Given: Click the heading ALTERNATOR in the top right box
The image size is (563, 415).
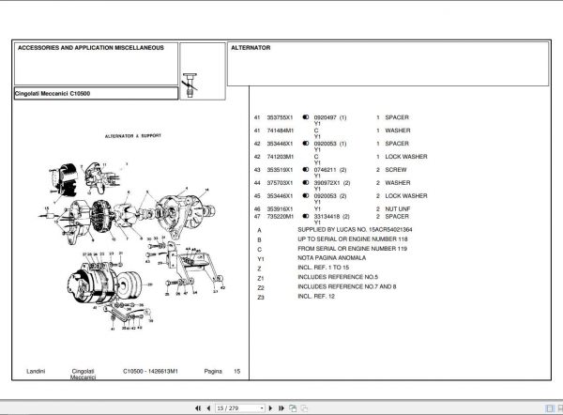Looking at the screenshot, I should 251,47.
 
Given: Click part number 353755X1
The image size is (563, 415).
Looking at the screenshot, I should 281,117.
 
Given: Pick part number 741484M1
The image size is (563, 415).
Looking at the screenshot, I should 281,131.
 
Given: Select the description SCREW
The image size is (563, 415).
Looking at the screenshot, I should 397,170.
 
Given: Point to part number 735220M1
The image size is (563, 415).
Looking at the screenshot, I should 281,216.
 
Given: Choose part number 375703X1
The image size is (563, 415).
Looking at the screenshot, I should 281,182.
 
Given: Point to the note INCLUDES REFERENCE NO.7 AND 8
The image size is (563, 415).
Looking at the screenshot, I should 346,287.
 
